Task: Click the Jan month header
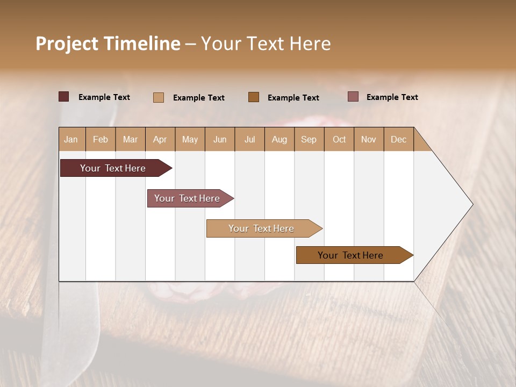[x=71, y=139]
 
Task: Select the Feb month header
[x=101, y=139]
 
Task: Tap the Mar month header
[x=130, y=139]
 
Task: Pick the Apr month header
[x=160, y=139]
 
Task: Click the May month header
[x=190, y=139]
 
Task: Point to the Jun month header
[x=220, y=139]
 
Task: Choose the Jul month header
[x=250, y=139]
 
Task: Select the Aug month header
[x=279, y=139]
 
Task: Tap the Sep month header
[x=309, y=139]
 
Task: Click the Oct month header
[x=339, y=139]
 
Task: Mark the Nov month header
[x=369, y=139]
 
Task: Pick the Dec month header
[x=399, y=139]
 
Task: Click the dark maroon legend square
[x=64, y=97]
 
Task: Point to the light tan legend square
[x=159, y=97]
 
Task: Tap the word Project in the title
[x=68, y=44]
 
